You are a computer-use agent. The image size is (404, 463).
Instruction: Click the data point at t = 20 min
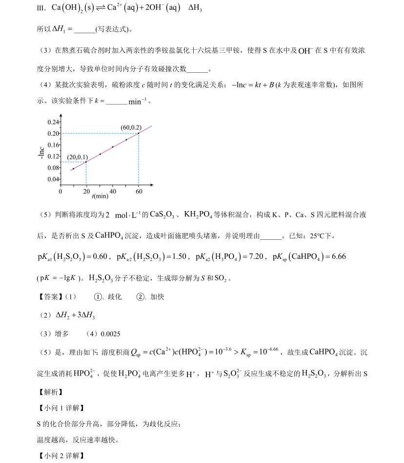(x=86, y=162)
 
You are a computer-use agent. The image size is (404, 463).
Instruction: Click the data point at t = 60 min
(x=139, y=133)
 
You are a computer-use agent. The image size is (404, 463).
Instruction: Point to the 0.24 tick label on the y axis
(x=54, y=122)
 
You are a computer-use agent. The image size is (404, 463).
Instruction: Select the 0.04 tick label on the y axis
(x=54, y=179)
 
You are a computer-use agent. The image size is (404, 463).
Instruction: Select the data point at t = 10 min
(x=73, y=169)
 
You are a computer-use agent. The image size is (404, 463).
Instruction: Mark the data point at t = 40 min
(x=113, y=147)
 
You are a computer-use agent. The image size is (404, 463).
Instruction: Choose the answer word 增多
(x=62, y=334)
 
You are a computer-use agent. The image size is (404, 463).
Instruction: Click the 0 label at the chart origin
(x=61, y=191)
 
